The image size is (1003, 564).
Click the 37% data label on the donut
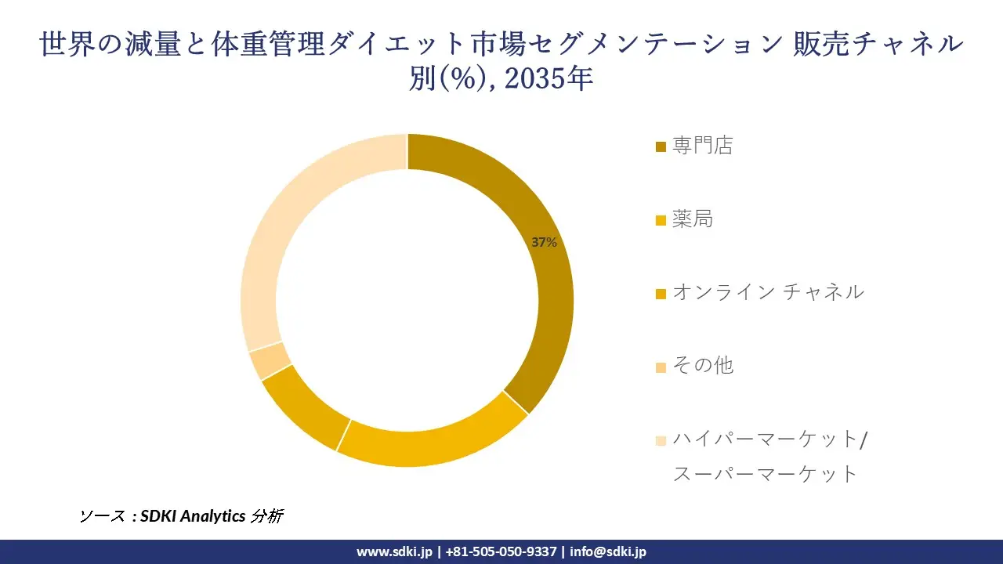tap(544, 243)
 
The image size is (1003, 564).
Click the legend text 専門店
tap(702, 146)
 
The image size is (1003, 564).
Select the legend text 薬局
tap(693, 219)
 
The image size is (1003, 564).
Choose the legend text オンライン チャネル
tap(768, 292)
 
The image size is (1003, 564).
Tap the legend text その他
tap(703, 365)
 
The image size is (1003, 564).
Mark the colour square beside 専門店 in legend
tap(661, 146)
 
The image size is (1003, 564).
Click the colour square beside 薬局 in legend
tap(661, 220)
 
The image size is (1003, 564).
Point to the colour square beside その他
tap(661, 367)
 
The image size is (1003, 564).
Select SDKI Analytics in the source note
tap(193, 516)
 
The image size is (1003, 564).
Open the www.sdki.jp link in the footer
tap(394, 551)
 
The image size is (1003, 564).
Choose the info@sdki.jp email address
tap(608, 551)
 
